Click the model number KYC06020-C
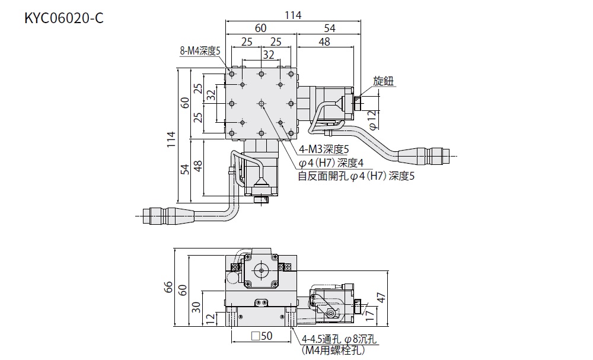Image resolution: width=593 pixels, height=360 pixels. (x=64, y=18)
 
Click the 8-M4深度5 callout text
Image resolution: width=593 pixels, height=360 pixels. (x=200, y=51)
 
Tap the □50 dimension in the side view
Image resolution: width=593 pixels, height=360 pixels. (x=262, y=336)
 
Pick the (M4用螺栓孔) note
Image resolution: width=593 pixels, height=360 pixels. (x=333, y=351)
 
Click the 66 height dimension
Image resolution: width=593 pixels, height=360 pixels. (x=169, y=287)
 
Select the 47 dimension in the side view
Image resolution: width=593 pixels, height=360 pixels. (x=382, y=298)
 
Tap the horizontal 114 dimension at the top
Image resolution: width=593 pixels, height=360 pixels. (x=293, y=15)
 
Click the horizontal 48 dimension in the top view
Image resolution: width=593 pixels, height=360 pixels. (x=324, y=42)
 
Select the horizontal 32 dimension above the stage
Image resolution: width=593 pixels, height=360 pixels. (x=269, y=55)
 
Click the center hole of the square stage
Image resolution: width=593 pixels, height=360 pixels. (x=261, y=104)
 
